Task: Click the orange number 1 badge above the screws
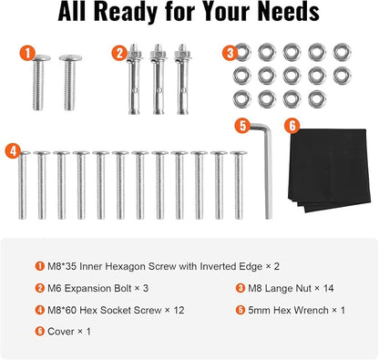pos(27,54)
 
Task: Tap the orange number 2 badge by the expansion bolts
pos(119,53)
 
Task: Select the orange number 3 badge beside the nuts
pos(230,53)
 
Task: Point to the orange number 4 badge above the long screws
pos(14,150)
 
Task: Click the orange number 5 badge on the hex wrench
pos(242,126)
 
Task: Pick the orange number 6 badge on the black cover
pos(292,126)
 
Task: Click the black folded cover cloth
pos(329,170)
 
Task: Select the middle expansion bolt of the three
pos(159,79)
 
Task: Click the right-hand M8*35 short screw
pos(70,82)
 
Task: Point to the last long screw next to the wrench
pos(239,185)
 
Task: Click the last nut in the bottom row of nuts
pos(317,99)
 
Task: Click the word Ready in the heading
pos(126,12)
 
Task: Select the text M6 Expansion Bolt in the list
pos(89,288)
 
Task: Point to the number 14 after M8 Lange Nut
pos(328,288)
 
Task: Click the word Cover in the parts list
pos(61,331)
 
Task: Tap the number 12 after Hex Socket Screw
pos(179,310)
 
